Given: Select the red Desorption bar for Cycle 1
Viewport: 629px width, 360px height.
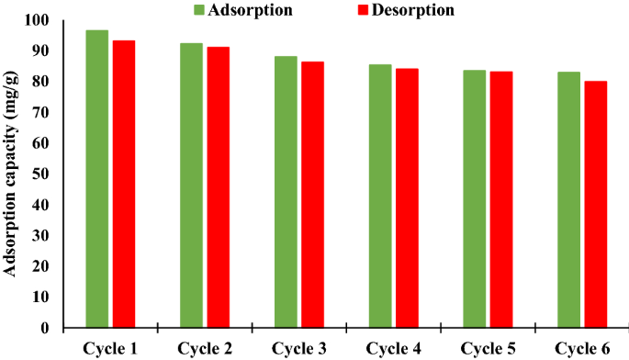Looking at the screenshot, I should click(124, 184).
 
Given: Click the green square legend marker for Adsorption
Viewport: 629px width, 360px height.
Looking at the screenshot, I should click(200, 10).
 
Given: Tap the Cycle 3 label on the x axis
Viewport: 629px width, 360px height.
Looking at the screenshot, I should click(299, 347).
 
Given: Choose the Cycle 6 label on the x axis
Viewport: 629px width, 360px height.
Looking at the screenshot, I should click(582, 347).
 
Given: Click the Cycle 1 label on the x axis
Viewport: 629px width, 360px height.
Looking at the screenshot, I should click(110, 347).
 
